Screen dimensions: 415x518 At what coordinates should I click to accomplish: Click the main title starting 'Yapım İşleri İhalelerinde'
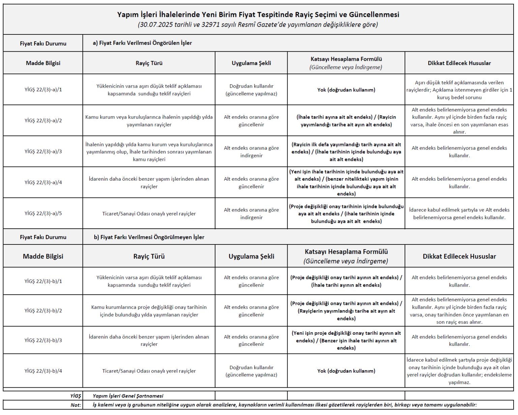click(x=258, y=14)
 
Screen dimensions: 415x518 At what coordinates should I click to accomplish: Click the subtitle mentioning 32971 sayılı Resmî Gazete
click(x=258, y=25)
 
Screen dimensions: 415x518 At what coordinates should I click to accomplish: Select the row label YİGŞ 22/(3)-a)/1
click(x=43, y=90)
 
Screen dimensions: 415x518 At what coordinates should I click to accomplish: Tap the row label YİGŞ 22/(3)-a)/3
click(x=43, y=152)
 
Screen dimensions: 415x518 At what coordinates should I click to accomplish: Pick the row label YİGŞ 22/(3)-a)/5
click(x=43, y=213)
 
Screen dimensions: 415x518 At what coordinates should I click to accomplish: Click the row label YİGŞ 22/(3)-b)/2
click(x=43, y=310)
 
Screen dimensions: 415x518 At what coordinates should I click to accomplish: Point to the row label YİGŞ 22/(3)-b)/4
click(x=43, y=371)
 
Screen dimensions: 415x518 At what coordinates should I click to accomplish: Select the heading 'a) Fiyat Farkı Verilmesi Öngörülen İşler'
click(x=142, y=43)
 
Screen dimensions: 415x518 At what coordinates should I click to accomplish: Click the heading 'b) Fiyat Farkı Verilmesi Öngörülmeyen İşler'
click(x=149, y=237)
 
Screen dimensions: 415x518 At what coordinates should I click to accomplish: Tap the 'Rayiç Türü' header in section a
click(x=149, y=63)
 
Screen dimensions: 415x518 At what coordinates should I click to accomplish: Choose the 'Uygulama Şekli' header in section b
click(x=251, y=256)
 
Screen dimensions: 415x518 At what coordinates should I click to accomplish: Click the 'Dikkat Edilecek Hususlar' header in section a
click(x=459, y=63)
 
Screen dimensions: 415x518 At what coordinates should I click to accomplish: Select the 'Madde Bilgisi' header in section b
click(x=43, y=256)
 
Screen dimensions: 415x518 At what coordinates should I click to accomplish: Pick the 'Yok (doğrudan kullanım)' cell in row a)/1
click(x=346, y=90)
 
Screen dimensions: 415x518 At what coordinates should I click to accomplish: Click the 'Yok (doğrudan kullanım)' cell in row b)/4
click(x=346, y=371)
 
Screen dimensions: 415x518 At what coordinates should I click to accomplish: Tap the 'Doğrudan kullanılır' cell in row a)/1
click(x=251, y=90)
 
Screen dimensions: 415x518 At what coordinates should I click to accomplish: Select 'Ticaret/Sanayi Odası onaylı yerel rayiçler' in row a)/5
click(x=149, y=214)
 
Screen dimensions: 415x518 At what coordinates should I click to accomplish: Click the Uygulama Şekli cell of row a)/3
click(x=251, y=152)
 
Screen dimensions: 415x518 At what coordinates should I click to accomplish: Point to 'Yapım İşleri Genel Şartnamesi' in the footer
click(x=128, y=396)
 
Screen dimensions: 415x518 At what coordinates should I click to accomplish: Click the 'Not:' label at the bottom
click(x=76, y=405)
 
